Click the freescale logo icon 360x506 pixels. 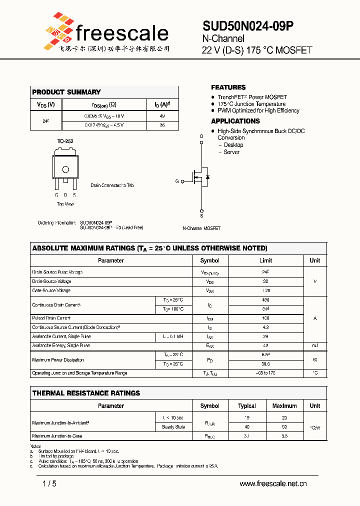[58, 30]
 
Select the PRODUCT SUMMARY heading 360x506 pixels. [66, 92]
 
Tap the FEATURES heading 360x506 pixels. [228, 87]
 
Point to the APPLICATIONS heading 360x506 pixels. [235, 121]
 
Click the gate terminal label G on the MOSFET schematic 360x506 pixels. [177, 181]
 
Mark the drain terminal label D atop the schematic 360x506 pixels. [202, 136]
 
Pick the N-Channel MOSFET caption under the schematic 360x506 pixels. [201, 228]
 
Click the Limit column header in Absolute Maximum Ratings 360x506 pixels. [265, 260]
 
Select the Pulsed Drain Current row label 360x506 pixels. [51, 318]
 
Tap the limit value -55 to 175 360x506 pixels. [265, 373]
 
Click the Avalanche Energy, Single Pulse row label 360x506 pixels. [61, 345]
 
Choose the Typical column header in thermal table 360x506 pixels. [247, 406]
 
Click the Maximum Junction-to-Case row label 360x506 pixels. [56, 436]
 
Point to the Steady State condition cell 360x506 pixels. [173, 427]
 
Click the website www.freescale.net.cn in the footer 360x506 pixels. [273, 483]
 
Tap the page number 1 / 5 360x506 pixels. [49, 483]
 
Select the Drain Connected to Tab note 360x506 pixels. [112, 185]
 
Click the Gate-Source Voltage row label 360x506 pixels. [51, 290]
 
